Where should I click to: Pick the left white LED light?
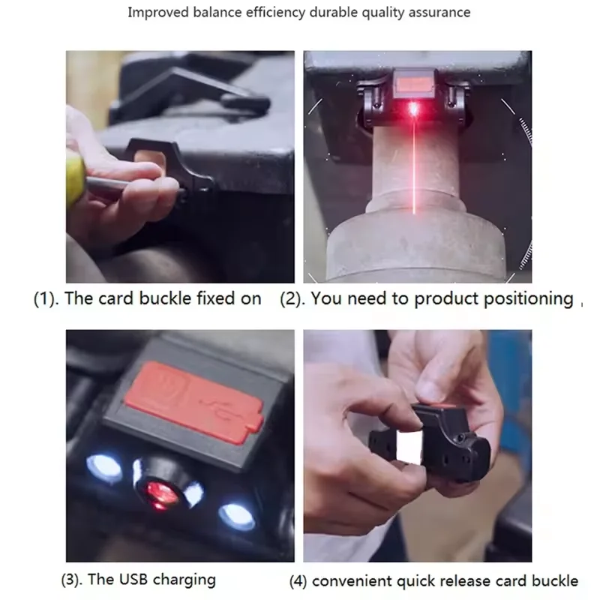(104, 466)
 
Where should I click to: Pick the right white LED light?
(237, 515)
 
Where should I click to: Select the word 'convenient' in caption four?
(349, 581)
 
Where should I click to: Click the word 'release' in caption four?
(466, 581)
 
